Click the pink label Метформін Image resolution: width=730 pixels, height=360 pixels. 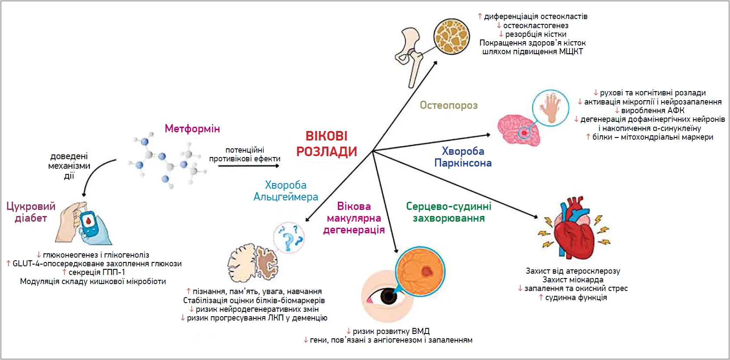(192, 128)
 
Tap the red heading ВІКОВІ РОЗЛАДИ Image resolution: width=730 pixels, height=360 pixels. (327, 144)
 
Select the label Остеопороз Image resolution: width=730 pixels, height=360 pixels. (448, 105)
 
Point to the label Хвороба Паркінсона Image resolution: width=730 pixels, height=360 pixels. (463, 157)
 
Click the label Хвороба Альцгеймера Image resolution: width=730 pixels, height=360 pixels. (286, 191)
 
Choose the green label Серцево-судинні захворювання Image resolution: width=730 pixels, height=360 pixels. (448, 212)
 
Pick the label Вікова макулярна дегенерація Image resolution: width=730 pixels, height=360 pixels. (354, 218)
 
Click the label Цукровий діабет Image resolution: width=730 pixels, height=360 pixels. (31, 212)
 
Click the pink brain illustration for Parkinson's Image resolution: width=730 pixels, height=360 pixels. (518, 130)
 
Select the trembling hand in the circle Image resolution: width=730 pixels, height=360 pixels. (550, 108)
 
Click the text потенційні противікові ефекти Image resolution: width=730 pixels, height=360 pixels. (245, 154)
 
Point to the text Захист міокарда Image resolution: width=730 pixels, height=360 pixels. (573, 280)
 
